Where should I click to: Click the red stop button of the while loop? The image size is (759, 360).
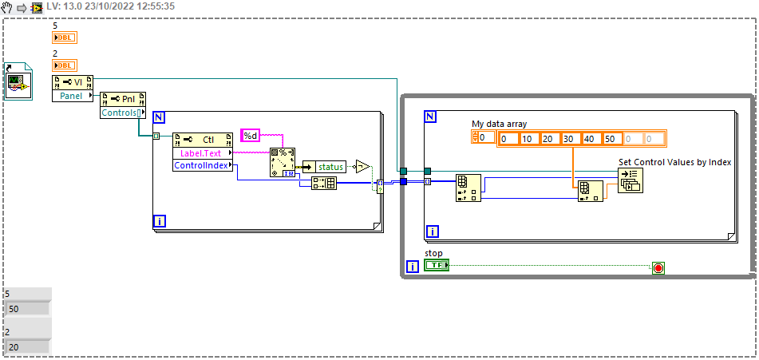(658, 267)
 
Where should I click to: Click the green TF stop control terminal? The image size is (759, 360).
(436, 265)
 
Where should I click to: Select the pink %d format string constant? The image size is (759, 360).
(251, 136)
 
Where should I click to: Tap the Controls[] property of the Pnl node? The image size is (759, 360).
(123, 113)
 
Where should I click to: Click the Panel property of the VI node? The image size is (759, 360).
(73, 96)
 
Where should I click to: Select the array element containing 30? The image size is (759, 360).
(571, 139)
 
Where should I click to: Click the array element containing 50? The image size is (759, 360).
(612, 139)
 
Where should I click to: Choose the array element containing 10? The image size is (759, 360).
(529, 139)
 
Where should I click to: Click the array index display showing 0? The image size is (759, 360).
(484, 138)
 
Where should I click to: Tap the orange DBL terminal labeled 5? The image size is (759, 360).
(65, 38)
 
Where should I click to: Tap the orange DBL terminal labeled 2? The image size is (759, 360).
(65, 65)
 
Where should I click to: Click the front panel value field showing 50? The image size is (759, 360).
(27, 309)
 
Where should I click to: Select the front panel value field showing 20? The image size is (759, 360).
(27, 347)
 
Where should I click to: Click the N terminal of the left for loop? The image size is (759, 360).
(159, 117)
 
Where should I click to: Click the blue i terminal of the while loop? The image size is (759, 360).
(413, 267)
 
